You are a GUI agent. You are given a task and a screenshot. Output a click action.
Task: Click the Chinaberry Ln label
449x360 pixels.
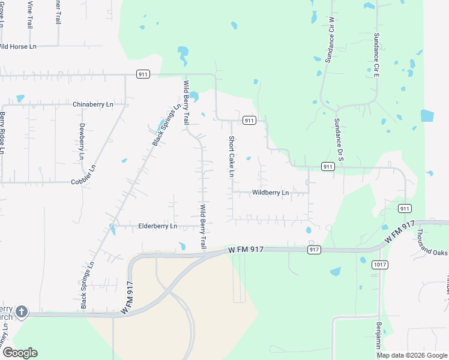[92, 104]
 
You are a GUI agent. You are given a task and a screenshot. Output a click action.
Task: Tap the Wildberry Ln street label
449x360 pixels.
[271, 193]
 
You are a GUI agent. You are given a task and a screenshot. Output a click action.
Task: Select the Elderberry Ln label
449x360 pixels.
[158, 226]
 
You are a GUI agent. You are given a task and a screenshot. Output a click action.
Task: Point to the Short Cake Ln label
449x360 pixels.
[231, 157]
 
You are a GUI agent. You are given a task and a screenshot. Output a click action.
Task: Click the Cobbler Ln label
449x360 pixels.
[83, 181]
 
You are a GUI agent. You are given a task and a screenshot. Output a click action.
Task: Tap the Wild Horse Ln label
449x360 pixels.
[17, 46]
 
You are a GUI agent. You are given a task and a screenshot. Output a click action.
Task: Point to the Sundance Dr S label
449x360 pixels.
[338, 139]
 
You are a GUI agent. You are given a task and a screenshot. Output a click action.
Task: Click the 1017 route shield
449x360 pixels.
[379, 265]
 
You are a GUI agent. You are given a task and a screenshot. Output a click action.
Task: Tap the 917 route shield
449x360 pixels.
[314, 249]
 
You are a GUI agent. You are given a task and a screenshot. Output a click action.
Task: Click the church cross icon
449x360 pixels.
[22, 311]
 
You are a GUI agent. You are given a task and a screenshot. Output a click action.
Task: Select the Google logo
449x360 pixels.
[20, 352]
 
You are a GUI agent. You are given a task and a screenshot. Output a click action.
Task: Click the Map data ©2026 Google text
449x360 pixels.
[412, 355]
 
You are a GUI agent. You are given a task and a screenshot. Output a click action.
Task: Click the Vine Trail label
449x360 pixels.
[29, 14]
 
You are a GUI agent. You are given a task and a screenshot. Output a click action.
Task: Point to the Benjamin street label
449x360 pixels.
[379, 336]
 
